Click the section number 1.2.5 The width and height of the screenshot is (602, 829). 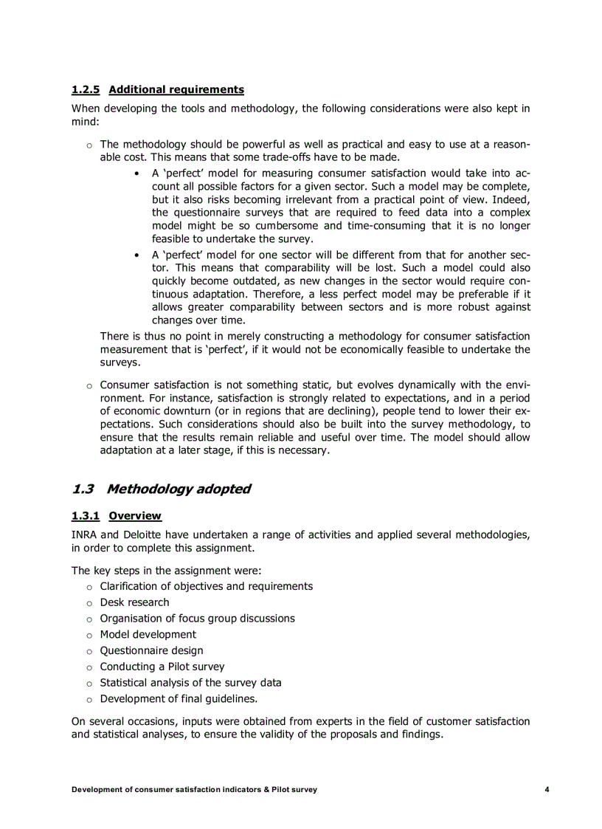(x=86, y=90)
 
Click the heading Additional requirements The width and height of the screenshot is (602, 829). (x=176, y=90)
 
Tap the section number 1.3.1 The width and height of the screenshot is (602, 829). (x=86, y=516)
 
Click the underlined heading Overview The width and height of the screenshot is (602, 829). (x=135, y=516)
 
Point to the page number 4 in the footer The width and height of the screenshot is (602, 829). (x=547, y=790)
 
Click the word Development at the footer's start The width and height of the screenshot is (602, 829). (x=97, y=790)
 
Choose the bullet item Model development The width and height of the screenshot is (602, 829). (x=148, y=634)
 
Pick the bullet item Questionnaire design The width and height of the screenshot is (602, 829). (x=151, y=650)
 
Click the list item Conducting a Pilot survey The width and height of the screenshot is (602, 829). (x=162, y=667)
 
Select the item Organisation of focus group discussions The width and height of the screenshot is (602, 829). (x=197, y=619)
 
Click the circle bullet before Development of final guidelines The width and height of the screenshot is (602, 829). (x=89, y=699)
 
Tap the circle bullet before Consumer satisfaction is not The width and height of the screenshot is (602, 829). (x=89, y=385)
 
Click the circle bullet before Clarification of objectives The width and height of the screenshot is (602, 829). (x=89, y=587)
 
